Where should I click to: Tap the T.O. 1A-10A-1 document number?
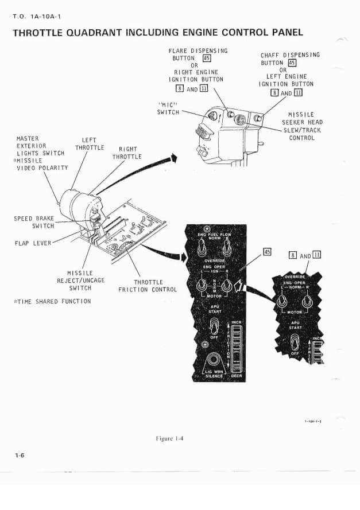(x=36, y=16)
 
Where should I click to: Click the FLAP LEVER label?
(x=32, y=243)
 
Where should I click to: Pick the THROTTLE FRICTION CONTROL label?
(x=148, y=286)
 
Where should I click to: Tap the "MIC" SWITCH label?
(x=169, y=108)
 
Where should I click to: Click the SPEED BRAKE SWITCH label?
(x=34, y=222)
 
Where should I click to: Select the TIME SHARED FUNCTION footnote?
(x=51, y=301)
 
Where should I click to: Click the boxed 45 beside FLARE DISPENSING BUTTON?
(x=207, y=58)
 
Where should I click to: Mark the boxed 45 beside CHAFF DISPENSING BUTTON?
(x=292, y=63)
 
